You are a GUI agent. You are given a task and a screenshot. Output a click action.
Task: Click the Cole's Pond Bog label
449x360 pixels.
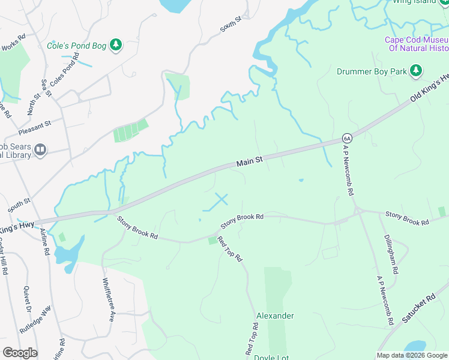[77, 46]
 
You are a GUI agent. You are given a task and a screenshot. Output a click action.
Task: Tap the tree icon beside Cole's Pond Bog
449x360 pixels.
[116, 45]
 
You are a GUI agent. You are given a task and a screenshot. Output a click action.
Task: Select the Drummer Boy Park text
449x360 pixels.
[372, 72]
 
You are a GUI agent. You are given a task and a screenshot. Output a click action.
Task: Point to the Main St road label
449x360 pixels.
[250, 162]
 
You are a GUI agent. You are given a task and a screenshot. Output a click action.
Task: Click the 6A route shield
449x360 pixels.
[346, 137]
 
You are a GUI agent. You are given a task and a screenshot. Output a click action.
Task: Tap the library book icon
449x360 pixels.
[40, 149]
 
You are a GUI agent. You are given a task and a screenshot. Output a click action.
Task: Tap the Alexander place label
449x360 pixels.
[275, 316]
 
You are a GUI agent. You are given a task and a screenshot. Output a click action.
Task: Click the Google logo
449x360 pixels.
[20, 353]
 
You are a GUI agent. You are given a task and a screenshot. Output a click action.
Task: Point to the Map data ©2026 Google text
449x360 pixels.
[412, 355]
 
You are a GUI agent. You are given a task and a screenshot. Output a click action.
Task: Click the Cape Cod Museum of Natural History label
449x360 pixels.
[417, 44]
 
